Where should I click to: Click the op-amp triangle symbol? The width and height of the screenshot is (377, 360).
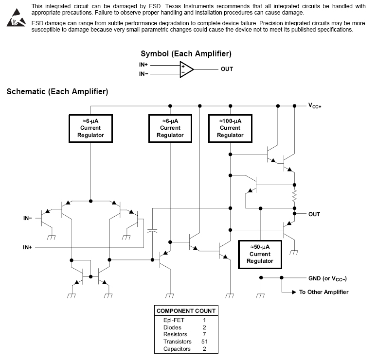(x=186, y=69)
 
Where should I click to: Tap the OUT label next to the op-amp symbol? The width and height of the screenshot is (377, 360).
(x=227, y=69)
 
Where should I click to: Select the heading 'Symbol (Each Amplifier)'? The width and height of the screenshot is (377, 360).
(x=186, y=53)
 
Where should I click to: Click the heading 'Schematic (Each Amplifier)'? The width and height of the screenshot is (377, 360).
(x=57, y=91)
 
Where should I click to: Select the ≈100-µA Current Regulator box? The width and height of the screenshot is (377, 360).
(x=230, y=128)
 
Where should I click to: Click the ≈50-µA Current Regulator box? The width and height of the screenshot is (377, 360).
(x=260, y=254)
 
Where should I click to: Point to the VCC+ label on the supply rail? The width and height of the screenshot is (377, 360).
(x=315, y=105)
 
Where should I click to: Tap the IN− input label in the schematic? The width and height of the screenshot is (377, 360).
(x=28, y=218)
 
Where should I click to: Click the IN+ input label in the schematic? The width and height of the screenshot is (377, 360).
(x=28, y=247)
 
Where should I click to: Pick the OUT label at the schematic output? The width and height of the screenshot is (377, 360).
(x=314, y=214)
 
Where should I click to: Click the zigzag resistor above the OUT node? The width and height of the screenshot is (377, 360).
(x=294, y=196)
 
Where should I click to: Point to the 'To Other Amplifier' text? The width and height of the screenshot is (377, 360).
(x=323, y=292)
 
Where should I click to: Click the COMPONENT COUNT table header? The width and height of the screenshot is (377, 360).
(x=186, y=311)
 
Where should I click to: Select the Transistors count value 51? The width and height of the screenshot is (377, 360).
(x=204, y=342)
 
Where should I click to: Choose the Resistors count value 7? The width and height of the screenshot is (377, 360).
(x=204, y=335)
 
